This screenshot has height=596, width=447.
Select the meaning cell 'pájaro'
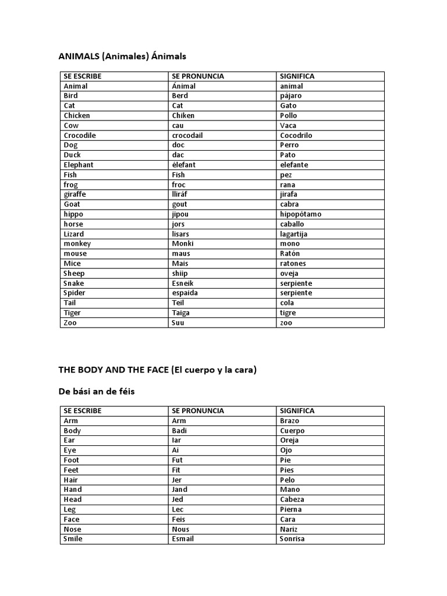(291, 96)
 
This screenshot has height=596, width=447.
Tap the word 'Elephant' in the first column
(79, 165)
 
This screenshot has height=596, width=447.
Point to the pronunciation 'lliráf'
(182, 194)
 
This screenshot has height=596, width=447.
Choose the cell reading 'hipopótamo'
(300, 214)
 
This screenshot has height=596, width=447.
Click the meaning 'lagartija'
(293, 234)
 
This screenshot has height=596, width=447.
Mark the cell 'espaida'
(185, 293)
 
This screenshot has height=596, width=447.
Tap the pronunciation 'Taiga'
(181, 313)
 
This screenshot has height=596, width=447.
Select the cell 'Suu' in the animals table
(178, 322)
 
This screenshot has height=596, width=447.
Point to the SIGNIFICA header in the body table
(297, 411)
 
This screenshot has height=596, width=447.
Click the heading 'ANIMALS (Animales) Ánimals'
(122, 56)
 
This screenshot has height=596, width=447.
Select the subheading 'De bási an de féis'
(97, 392)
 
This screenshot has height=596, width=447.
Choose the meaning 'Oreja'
(290, 441)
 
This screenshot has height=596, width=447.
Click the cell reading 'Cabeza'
(292, 499)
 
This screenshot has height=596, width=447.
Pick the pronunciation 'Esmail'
(183, 539)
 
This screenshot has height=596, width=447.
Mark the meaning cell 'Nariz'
(289, 529)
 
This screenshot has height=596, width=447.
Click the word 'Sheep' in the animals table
(74, 273)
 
